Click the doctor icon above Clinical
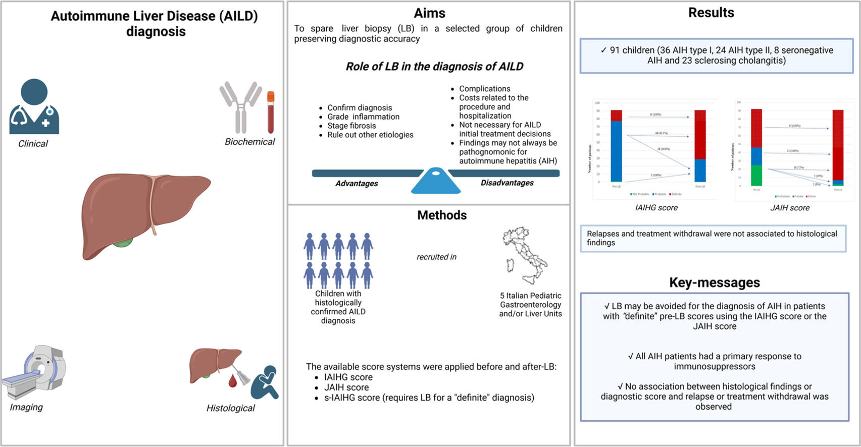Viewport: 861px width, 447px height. (34, 107)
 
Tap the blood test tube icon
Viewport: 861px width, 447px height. (271, 112)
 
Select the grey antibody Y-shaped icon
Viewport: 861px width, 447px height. (241, 107)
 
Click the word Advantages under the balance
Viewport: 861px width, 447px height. (357, 184)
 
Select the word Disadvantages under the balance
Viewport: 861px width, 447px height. (507, 183)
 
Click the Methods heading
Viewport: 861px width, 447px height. (442, 215)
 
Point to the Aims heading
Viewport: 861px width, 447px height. (429, 13)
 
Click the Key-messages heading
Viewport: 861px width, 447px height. (714, 283)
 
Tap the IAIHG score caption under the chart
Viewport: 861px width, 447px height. (656, 207)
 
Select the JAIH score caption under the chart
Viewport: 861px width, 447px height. (789, 207)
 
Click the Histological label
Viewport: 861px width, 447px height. (230, 408)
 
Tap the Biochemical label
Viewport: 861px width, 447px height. (249, 142)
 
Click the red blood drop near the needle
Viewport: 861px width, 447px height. (233, 381)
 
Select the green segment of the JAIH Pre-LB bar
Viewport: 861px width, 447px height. (756, 176)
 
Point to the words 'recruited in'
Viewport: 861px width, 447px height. (436, 257)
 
